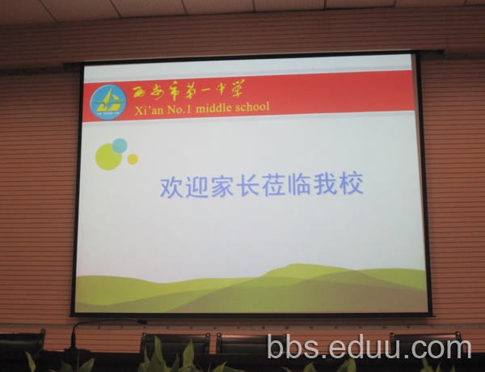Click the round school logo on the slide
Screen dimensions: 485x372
(x=108, y=102)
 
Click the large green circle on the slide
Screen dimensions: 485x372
(x=108, y=156)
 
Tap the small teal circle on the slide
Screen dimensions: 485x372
(x=120, y=146)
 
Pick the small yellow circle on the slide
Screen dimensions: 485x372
(x=133, y=159)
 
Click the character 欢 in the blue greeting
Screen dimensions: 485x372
(x=171, y=187)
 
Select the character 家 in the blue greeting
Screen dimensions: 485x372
(x=222, y=186)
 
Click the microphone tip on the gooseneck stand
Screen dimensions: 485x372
(x=142, y=322)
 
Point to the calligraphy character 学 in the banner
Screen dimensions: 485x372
(x=236, y=88)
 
